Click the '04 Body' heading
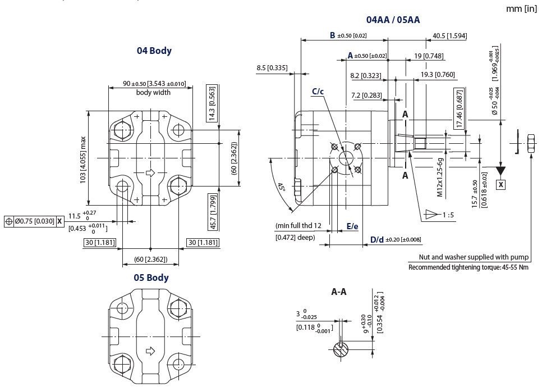154,51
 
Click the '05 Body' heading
151,278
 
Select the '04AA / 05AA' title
393,20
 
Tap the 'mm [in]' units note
521,8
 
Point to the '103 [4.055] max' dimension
83,158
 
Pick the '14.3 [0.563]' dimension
212,103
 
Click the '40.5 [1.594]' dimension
450,36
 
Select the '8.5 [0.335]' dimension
272,68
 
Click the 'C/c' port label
318,92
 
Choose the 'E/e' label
352,226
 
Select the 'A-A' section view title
339,292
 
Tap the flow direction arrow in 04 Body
150,172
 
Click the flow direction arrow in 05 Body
150,352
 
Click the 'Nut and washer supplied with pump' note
474,257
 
